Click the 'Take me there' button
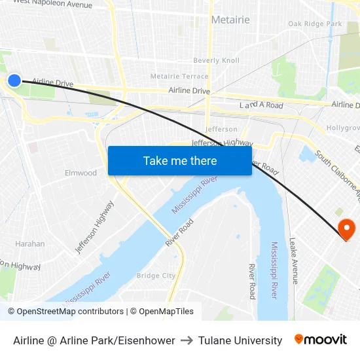tap(180, 160)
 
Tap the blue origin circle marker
tap(14, 81)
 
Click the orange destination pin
tap(346, 229)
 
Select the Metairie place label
tap(230, 20)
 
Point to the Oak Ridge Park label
tap(315, 24)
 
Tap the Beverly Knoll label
tap(216, 60)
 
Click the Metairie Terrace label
tap(179, 77)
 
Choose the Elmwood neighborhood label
tap(81, 173)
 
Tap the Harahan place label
tap(30, 243)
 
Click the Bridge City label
tap(156, 276)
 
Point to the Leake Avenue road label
tap(295, 261)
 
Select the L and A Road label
tap(261, 105)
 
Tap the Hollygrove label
tap(344, 128)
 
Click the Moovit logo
tap(321, 340)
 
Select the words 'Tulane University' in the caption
tap(240, 340)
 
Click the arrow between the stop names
tap(187, 340)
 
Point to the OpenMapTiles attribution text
tap(165, 312)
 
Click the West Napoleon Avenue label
tap(52, 3)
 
